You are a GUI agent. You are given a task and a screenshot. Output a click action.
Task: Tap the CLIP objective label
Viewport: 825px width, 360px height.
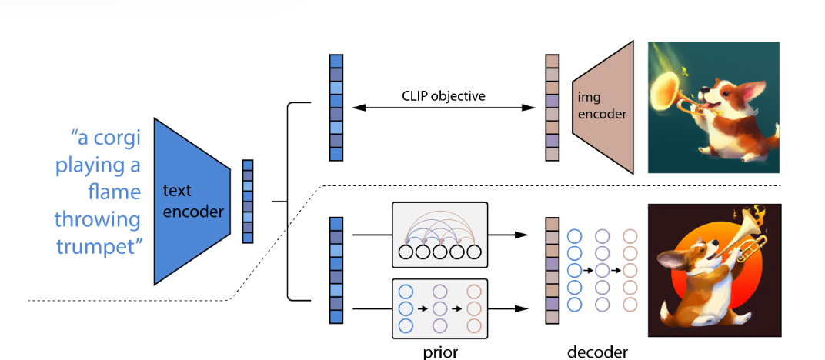click(443, 96)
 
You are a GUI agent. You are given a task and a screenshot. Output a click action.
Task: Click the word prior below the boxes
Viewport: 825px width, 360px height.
click(440, 352)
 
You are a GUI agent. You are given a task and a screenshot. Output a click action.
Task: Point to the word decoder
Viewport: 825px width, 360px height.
click(597, 352)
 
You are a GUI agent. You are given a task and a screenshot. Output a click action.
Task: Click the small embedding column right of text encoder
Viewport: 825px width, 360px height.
click(248, 202)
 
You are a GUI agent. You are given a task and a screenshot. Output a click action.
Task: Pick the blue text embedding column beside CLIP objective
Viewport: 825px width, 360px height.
click(336, 108)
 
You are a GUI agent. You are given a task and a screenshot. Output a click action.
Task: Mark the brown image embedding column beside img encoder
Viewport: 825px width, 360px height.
click(552, 108)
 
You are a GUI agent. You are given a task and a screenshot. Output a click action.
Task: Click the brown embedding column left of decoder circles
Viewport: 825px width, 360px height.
click(552, 270)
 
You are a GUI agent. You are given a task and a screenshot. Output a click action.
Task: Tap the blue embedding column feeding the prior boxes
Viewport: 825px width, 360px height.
click(336, 270)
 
